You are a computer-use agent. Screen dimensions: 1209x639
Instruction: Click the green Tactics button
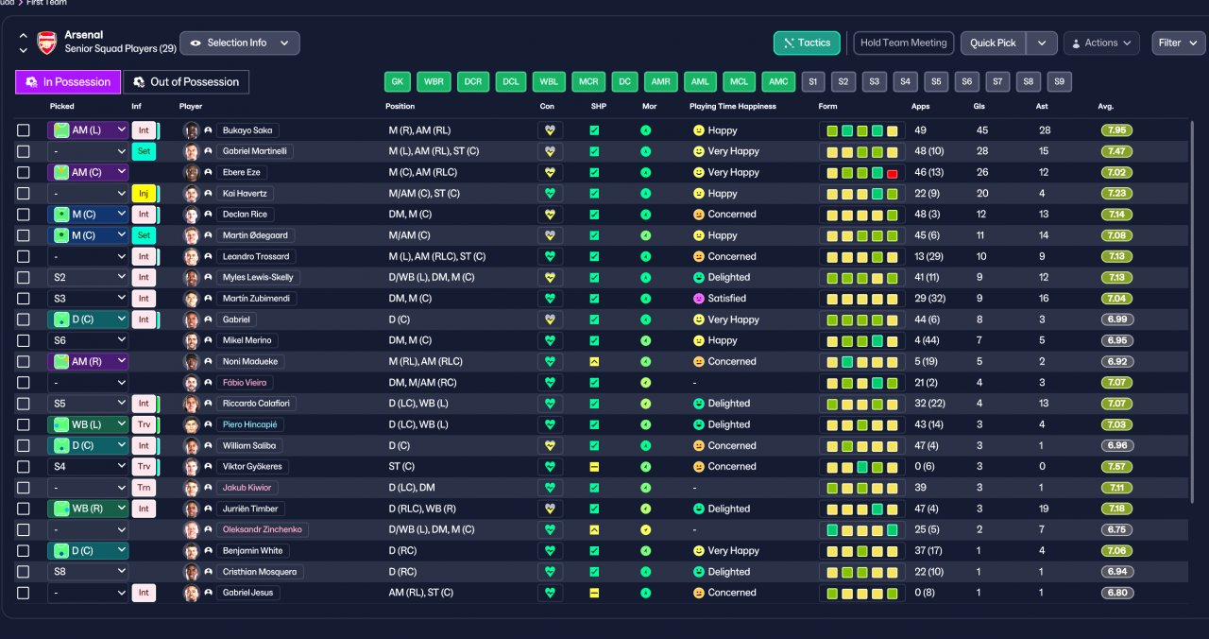pos(807,43)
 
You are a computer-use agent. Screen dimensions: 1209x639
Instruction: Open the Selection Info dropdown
pos(240,43)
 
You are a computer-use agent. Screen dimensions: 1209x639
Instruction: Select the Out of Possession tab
pos(186,82)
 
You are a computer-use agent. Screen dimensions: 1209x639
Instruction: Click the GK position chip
pos(398,81)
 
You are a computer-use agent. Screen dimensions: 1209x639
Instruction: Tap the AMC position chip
pos(778,81)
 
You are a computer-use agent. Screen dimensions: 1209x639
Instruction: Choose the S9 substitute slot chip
pos(1059,81)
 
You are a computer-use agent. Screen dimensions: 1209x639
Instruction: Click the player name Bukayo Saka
pos(247,130)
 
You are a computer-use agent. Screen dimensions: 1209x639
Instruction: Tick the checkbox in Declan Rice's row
pos(24,215)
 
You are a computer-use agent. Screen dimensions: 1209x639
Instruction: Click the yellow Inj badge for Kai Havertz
pos(144,194)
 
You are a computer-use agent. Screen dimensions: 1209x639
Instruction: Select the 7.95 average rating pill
pos(1116,130)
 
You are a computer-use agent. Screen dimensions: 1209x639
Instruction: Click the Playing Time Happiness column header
pos(732,107)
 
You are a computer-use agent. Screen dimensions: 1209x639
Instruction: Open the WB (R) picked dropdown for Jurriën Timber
pos(88,509)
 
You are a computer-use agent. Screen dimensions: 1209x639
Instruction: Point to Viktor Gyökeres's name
pos(252,467)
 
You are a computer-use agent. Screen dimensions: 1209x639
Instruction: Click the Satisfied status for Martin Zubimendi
pos(726,298)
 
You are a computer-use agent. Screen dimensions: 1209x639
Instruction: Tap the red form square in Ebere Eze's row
pos(893,173)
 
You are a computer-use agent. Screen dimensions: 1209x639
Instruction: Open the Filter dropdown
pos(1178,43)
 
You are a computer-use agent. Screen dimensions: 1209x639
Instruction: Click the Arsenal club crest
pos(47,43)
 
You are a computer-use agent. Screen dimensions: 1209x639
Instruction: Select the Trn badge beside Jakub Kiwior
pos(144,488)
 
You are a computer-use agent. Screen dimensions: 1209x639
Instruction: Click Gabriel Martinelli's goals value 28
pos(981,151)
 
